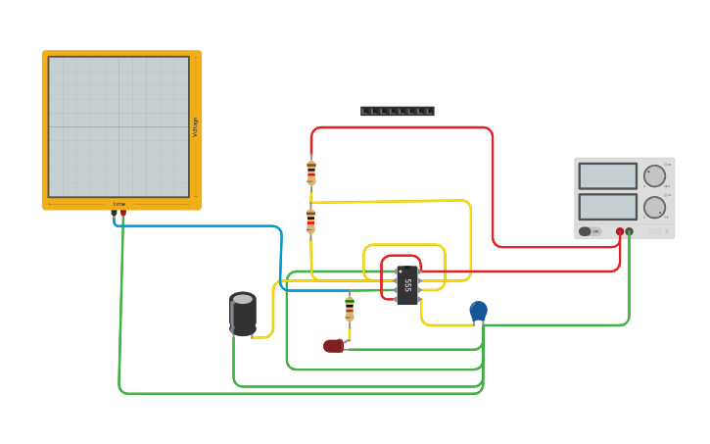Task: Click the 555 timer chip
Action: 407,285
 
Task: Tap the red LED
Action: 334,345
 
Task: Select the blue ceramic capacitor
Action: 478,311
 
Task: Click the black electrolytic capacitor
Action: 243,314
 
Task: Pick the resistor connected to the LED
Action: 350,309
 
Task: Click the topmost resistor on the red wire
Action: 311,173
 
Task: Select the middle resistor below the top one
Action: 310,221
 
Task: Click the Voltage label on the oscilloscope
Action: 195,126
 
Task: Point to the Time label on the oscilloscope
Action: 119,204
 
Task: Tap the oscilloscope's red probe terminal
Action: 123,213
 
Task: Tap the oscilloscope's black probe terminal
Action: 114,213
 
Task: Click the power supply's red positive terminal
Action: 619,231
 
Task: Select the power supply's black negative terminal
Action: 629,231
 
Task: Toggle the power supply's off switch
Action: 589,231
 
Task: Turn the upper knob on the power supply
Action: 654,175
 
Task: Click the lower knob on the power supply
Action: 654,207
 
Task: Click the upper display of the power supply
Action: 607,175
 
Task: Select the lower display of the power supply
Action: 607,207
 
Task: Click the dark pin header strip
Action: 397,112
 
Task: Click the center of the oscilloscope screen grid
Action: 118,126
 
